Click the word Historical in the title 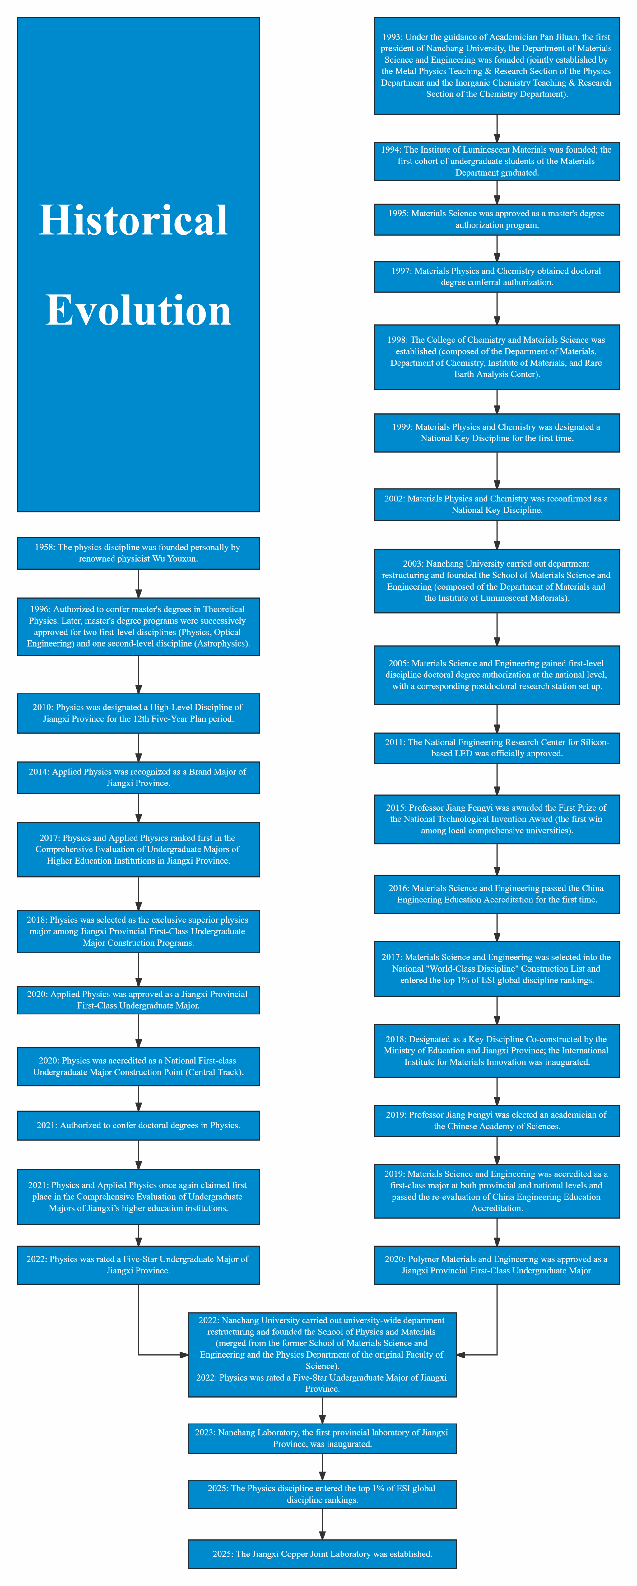coord(133,220)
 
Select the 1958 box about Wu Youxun coord(138,553)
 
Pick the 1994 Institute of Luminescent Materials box coord(497,161)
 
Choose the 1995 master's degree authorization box coord(497,219)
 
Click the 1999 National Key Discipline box coord(497,433)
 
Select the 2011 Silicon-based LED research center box coord(497,748)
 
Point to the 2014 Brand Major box coord(138,778)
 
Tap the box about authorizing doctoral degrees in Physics coord(138,1126)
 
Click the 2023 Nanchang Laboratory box coord(323,1438)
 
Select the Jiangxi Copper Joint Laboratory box coord(323,1554)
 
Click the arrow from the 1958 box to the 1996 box coord(138,584)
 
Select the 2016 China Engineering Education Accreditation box coord(497,894)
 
